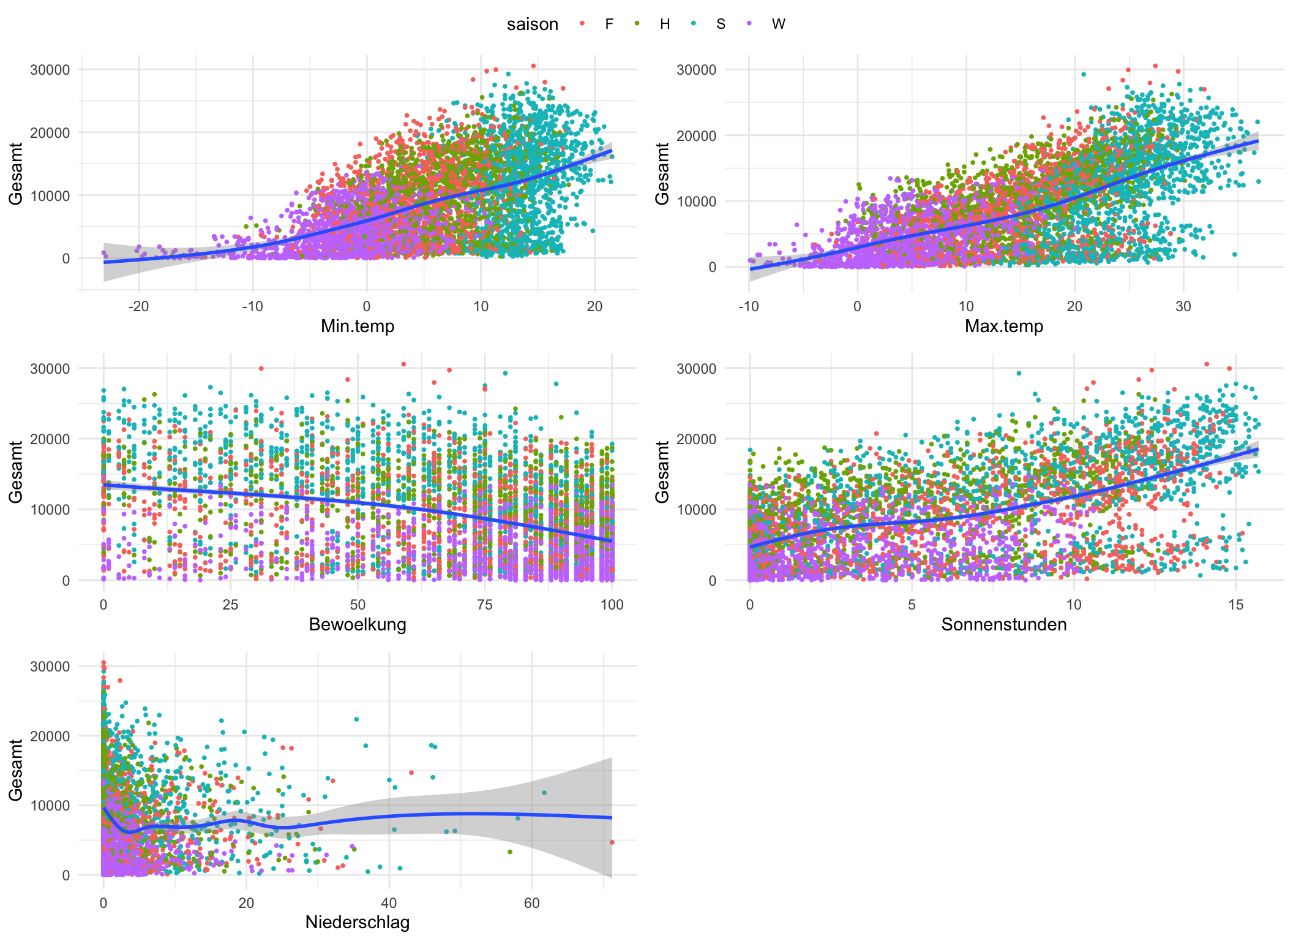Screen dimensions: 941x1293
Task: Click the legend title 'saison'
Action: pos(532,25)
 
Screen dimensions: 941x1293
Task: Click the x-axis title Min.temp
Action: pos(358,326)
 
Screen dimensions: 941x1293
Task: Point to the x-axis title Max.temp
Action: pos(1004,326)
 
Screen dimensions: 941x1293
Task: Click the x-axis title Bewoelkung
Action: pos(358,624)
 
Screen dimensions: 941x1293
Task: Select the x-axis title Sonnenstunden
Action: pos(1004,624)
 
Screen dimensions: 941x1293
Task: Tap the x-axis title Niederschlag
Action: pos(358,922)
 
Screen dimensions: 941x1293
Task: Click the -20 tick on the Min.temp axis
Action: pos(138,306)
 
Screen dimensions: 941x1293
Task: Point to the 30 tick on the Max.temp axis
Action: pos(1183,306)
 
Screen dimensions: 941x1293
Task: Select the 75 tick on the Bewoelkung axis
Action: pos(484,605)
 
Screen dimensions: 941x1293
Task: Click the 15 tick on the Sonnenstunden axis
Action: pos(1235,605)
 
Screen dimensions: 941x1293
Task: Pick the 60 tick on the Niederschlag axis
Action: pos(532,903)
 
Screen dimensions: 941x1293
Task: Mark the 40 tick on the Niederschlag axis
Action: pos(389,903)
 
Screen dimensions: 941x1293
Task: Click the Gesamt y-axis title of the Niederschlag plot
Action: pos(16,770)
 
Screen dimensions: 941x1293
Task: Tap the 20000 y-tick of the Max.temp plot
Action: pos(695,136)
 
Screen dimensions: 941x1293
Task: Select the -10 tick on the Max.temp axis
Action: pos(748,306)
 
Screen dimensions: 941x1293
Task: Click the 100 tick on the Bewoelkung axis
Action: pos(612,605)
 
